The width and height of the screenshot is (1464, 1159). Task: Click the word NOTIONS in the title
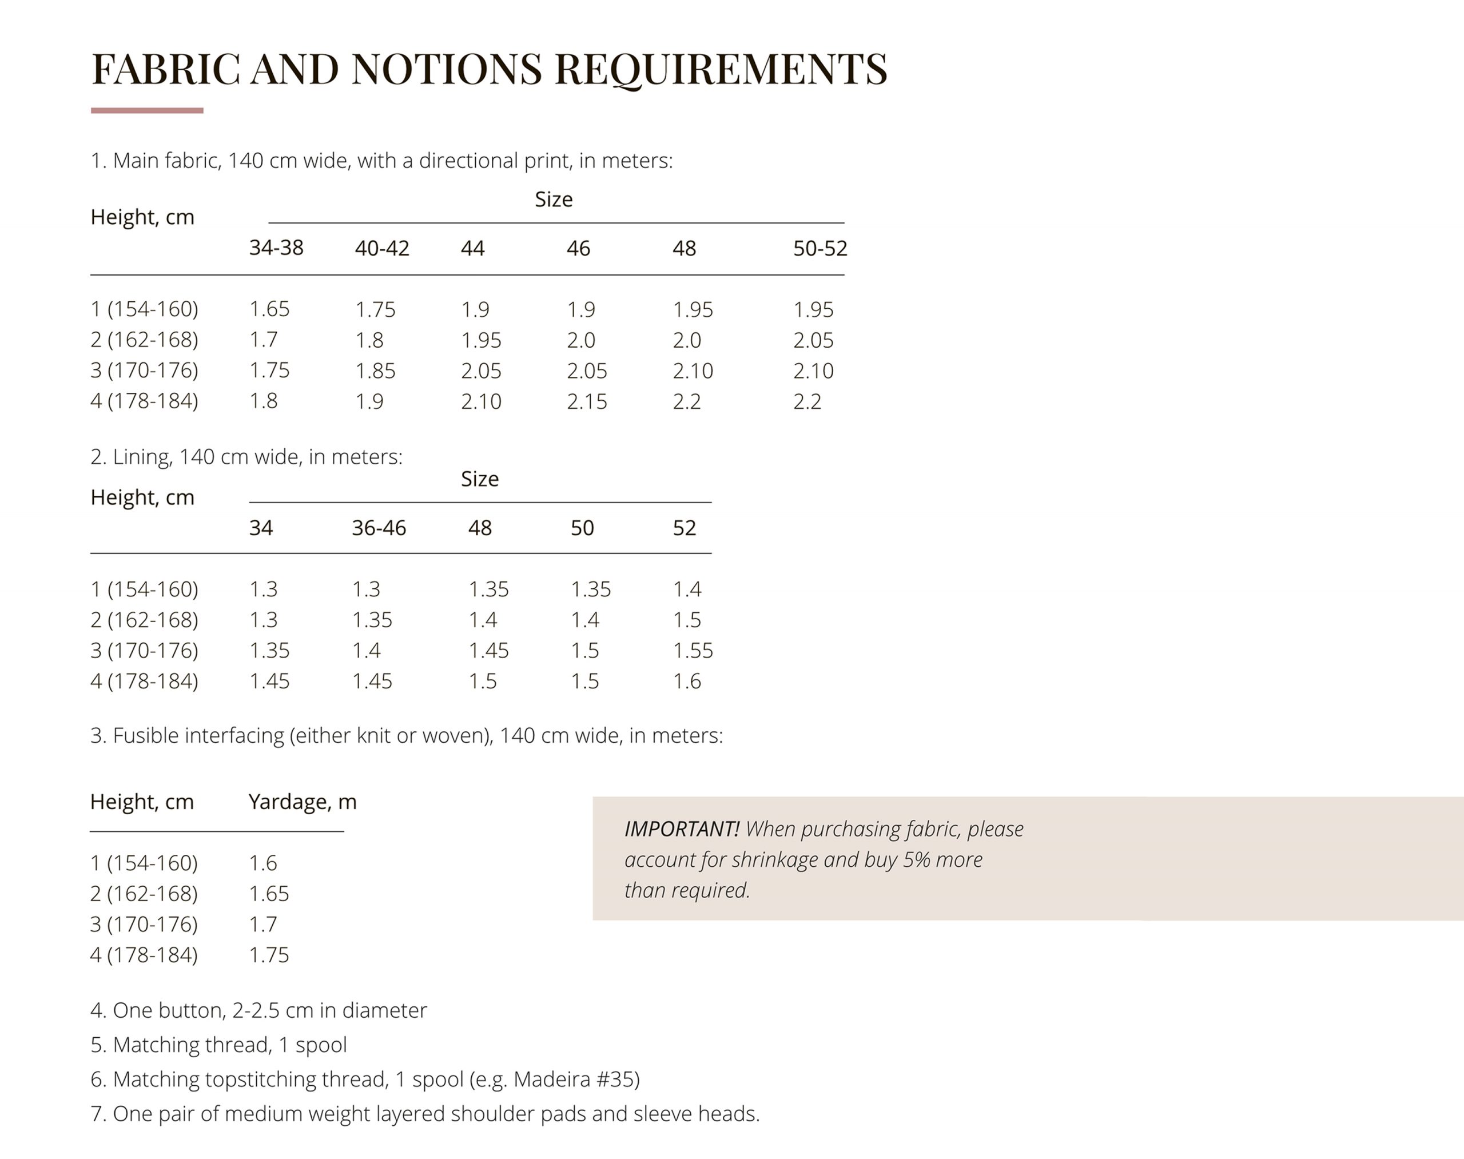click(x=446, y=69)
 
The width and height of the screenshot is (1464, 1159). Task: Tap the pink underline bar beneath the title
click(x=146, y=110)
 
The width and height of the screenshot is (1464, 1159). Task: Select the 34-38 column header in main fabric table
click(x=276, y=248)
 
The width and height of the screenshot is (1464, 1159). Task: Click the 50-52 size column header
click(x=820, y=248)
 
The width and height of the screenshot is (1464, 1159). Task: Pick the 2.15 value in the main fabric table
click(x=586, y=402)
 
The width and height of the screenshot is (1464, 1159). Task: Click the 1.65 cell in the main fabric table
click(x=269, y=309)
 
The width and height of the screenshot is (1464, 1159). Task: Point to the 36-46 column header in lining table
click(x=378, y=528)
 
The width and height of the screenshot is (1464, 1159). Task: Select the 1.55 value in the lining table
click(x=693, y=651)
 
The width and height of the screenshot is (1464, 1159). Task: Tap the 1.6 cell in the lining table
click(x=686, y=682)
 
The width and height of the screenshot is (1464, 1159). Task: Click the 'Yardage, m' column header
click(x=302, y=802)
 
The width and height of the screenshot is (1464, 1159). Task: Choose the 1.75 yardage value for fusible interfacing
click(x=268, y=955)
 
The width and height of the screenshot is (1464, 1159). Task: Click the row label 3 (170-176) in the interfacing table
click(x=144, y=924)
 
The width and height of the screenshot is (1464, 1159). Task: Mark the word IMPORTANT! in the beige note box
click(x=681, y=829)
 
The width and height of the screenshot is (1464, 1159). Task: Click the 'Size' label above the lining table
click(x=479, y=479)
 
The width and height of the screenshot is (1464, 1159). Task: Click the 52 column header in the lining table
click(x=684, y=528)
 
